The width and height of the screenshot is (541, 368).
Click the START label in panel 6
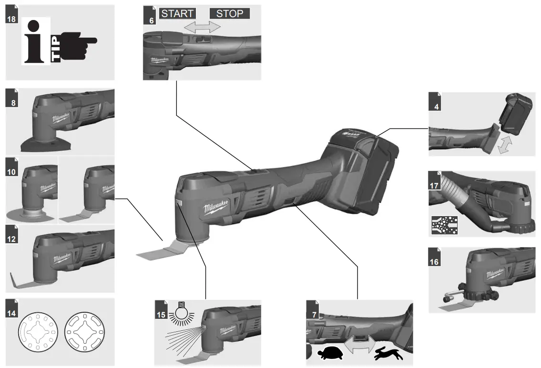pyautogui.click(x=177, y=13)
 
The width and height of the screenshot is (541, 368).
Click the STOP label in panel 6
pyautogui.click(x=230, y=13)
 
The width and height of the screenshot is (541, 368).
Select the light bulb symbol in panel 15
pyautogui.click(x=180, y=311)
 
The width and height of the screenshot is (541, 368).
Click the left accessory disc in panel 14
pyautogui.click(x=38, y=332)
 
